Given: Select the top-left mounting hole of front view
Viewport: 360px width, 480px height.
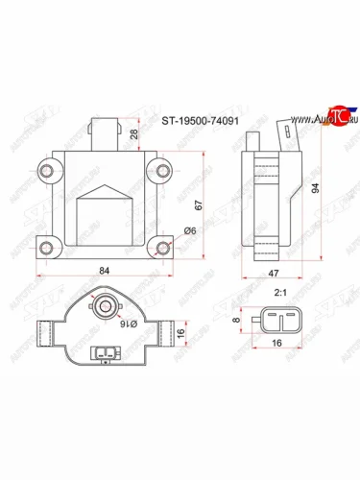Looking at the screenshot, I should [x=44, y=173].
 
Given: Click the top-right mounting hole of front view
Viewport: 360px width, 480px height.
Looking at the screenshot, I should [x=160, y=173].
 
